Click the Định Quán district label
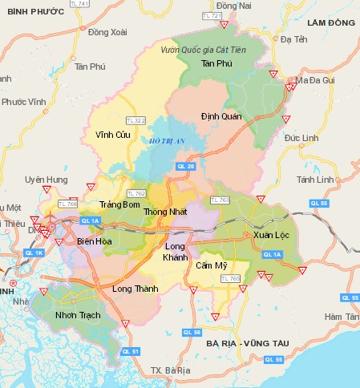pos(220,115)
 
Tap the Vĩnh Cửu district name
pos(111,134)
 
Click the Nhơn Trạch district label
pos(78,315)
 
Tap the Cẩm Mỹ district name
pos(212,265)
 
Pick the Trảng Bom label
pos(119,205)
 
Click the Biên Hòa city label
pos(94,240)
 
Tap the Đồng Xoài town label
pos(108,32)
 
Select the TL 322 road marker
pos(137,120)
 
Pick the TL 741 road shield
pos(102,5)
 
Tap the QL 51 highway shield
pos(130,351)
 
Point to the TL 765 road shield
pos(230,278)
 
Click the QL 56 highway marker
pos(192,332)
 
